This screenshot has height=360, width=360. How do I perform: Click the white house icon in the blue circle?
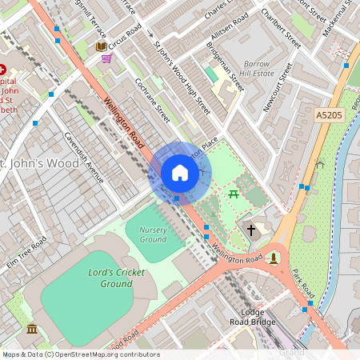pos(180,173)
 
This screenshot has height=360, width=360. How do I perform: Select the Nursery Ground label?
pos(153,234)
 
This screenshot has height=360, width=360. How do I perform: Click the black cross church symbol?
pos(251,230)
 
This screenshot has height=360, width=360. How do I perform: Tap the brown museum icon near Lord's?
pos(31,329)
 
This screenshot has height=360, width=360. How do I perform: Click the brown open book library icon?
pos(101,46)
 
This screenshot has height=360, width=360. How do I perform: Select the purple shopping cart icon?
pos(106,58)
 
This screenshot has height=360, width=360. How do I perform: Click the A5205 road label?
pos(328,116)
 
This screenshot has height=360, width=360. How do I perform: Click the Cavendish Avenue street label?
pos(84,157)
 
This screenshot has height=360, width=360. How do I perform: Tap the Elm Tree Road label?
pos(26,254)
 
